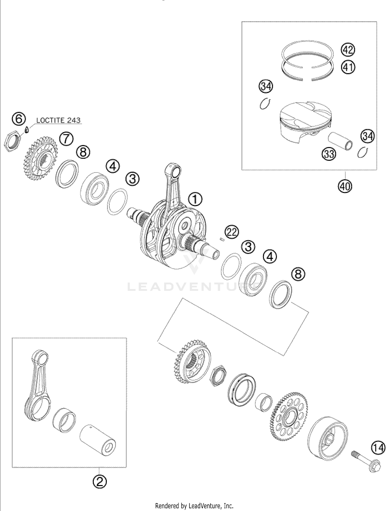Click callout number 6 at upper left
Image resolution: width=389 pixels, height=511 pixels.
[19, 120]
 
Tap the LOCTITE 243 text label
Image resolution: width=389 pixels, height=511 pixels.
[58, 120]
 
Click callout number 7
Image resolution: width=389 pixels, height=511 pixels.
[66, 139]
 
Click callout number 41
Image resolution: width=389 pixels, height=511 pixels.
[348, 67]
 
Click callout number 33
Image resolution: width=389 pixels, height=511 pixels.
[329, 154]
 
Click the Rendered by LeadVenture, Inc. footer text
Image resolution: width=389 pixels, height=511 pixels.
[194, 506]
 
